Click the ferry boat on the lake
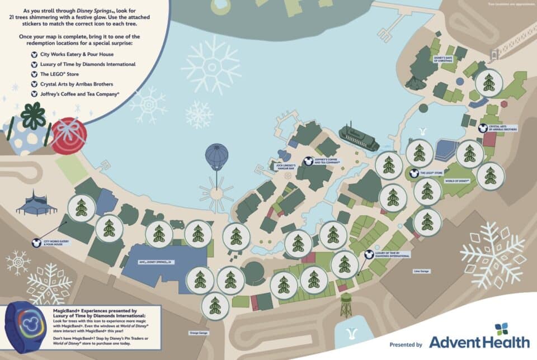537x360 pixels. pos(359,138)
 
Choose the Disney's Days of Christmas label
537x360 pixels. pos(447,58)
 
